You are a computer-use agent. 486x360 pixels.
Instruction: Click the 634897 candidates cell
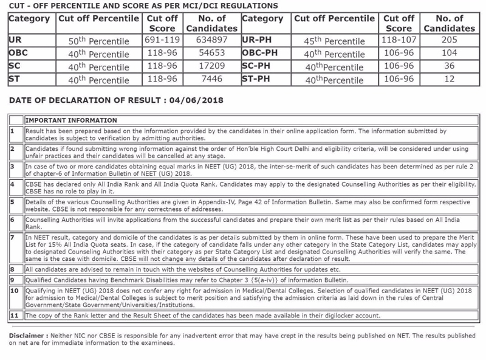pyautogui.click(x=212, y=40)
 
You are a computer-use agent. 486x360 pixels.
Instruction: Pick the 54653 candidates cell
pyautogui.click(x=212, y=53)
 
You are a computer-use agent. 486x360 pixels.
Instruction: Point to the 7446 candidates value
pyautogui.click(x=212, y=78)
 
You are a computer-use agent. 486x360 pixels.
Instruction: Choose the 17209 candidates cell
pyautogui.click(x=212, y=66)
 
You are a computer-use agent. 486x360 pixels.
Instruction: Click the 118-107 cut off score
pyautogui.click(x=399, y=40)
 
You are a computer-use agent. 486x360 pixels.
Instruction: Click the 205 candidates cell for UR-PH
pyautogui.click(x=449, y=40)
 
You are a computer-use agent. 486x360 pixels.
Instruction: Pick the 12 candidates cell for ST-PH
pyautogui.click(x=449, y=78)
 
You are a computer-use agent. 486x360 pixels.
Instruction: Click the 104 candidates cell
pyautogui.click(x=449, y=53)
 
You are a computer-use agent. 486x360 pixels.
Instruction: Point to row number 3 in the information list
pyautogui.click(x=12, y=165)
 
